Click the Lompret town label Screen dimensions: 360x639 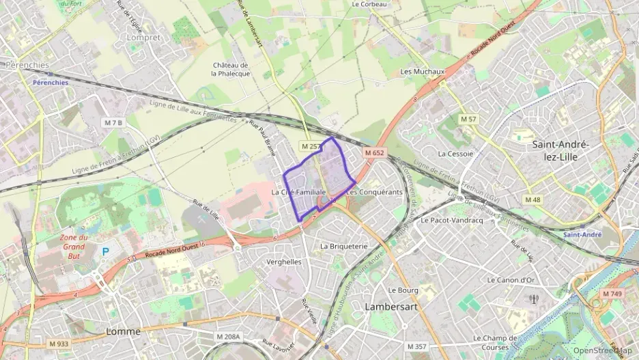coord(143,38)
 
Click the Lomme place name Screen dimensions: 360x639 coord(124,331)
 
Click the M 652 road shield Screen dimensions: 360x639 coord(374,152)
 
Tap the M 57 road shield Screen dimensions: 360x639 coord(468,119)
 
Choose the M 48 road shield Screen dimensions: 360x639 coord(532,199)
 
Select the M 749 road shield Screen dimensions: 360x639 coord(612,293)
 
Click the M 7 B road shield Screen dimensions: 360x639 coord(113,122)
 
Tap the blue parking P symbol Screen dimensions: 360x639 coord(106,251)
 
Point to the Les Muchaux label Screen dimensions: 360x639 coord(423,71)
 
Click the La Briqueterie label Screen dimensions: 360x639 coord(343,245)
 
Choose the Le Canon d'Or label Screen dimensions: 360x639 coord(511,279)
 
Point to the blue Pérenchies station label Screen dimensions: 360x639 coord(51,82)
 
